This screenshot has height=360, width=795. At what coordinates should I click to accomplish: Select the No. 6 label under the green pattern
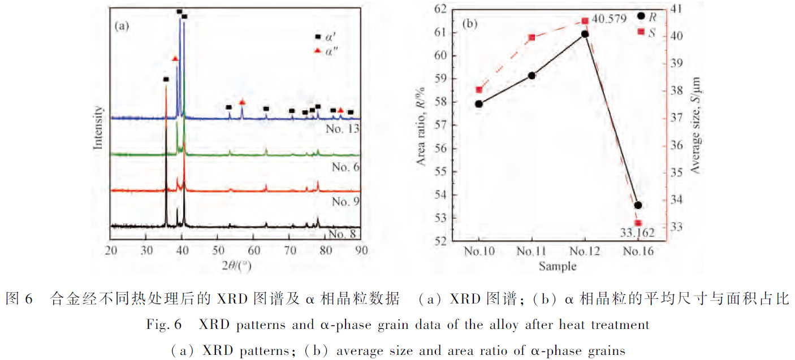345,167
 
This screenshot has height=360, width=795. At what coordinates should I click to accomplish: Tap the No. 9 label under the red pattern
345,202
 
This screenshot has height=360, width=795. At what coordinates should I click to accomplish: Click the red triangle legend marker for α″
318,51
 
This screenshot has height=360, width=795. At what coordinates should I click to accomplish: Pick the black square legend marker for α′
318,37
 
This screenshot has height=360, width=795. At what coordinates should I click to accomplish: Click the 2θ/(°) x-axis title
237,265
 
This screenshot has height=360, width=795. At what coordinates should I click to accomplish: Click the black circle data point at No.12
585,34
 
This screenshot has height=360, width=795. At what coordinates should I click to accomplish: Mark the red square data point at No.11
532,38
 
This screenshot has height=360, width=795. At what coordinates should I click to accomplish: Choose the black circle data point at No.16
638,205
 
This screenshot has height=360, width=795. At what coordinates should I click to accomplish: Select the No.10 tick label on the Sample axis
479,251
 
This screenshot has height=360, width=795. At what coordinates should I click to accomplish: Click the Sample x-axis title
558,266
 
